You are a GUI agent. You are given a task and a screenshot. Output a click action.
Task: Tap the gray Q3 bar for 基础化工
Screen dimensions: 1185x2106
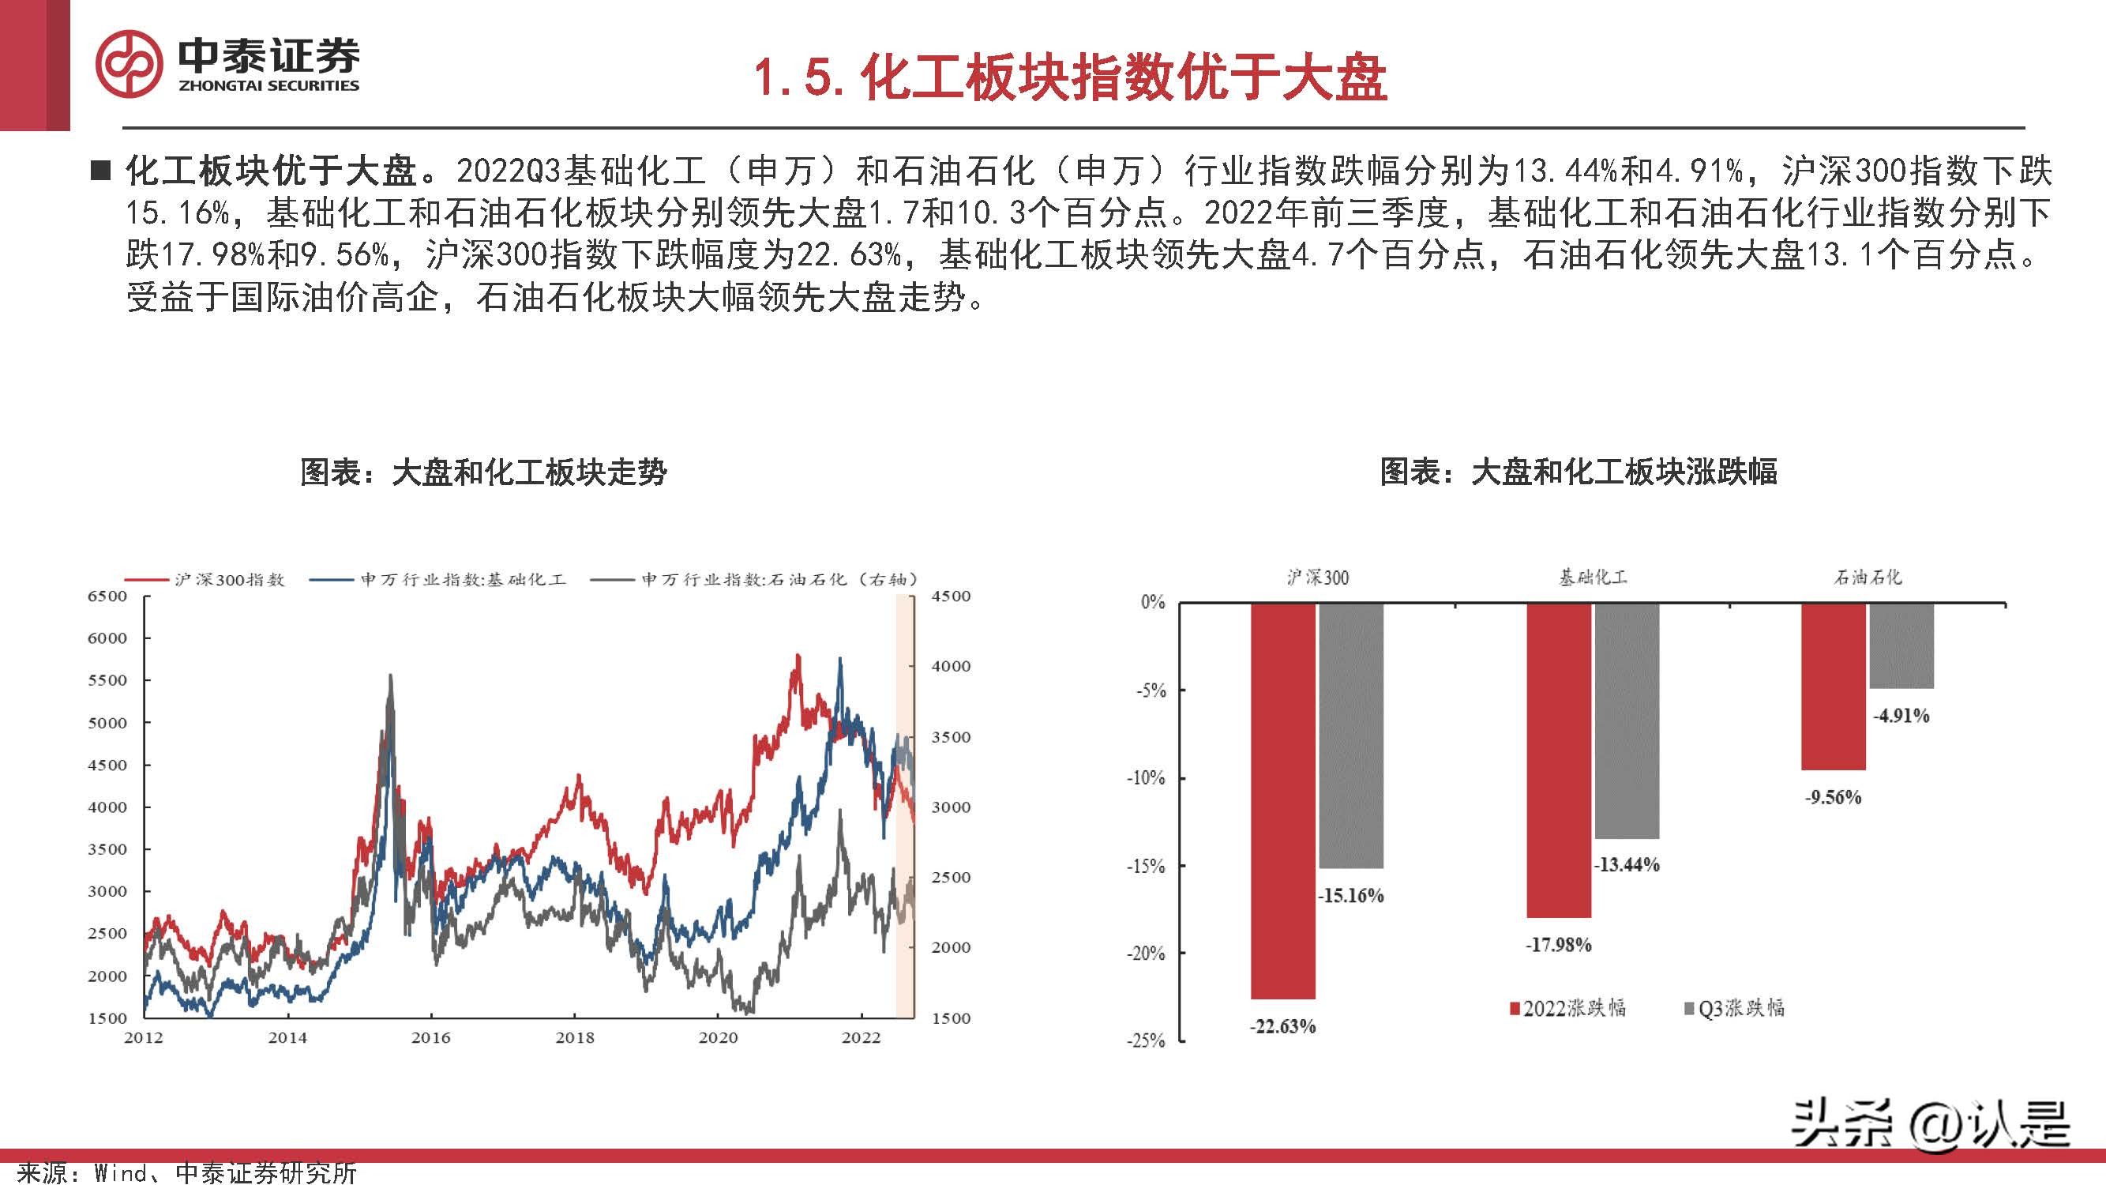point(1626,720)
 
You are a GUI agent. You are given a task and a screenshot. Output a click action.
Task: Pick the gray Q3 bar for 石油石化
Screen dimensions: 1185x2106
point(1901,645)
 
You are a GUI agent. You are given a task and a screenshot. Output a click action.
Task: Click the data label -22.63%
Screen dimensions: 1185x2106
point(1282,1026)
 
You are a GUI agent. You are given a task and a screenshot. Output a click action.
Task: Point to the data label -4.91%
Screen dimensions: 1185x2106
point(1901,716)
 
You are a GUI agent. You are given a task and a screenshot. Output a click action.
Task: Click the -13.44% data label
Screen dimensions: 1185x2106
point(1626,864)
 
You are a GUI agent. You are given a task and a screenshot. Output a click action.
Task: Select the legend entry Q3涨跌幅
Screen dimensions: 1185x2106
point(1734,1008)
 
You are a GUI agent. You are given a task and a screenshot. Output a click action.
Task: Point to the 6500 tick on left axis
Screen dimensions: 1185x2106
point(107,596)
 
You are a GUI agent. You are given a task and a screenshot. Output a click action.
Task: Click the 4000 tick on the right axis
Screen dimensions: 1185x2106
point(951,667)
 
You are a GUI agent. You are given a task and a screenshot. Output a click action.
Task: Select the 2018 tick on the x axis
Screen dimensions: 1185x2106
point(575,1038)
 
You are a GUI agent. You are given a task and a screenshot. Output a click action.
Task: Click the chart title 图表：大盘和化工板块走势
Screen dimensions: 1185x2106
point(483,472)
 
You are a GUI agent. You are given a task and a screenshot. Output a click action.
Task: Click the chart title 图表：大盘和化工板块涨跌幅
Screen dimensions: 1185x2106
point(1578,472)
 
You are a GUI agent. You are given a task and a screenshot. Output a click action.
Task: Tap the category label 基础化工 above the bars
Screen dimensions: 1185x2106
point(1593,577)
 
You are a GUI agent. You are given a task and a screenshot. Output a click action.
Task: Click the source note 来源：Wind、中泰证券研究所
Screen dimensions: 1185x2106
point(186,1172)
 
